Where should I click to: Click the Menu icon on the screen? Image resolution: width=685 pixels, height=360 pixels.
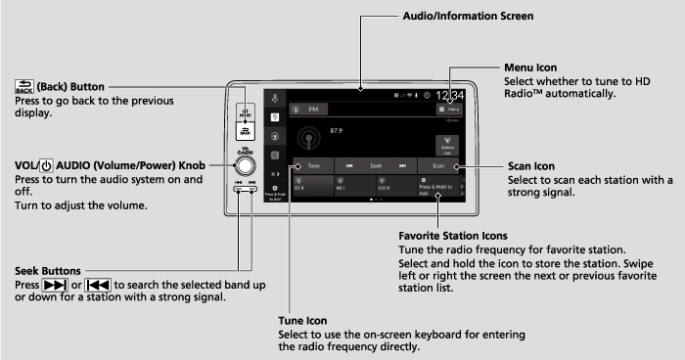click(450, 112)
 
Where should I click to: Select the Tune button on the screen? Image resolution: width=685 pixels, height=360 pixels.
click(312, 166)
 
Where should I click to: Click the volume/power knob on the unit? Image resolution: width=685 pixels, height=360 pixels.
click(246, 162)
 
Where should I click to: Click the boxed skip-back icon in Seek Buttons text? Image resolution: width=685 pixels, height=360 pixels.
click(97, 285)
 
